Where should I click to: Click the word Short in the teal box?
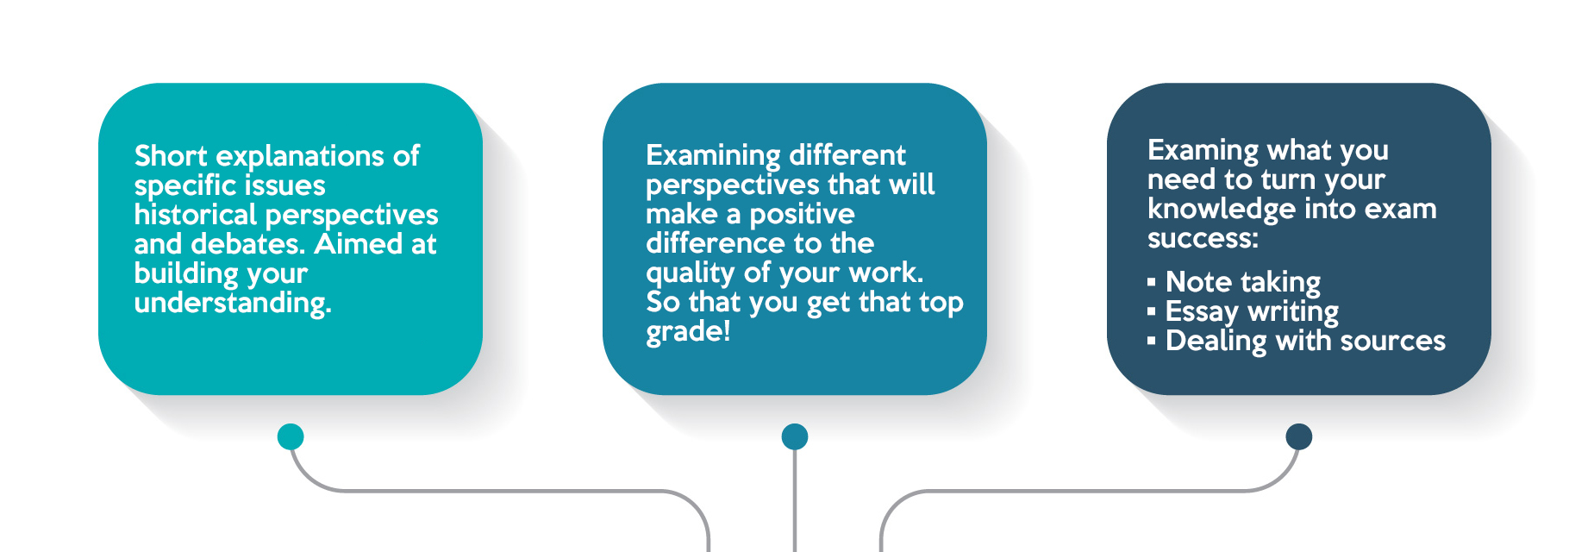171,155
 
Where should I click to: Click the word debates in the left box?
248,244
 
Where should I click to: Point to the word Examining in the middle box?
713,156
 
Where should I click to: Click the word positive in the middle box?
802,215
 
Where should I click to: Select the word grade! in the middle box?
688,332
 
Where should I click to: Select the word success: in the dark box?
1203,239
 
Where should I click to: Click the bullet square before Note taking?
1152,282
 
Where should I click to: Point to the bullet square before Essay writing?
1152,311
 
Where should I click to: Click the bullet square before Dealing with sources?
1152,341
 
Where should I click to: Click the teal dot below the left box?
291,436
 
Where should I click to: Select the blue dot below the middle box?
795,436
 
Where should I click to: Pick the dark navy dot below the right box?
1298,436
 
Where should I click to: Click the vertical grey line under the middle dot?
795,501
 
